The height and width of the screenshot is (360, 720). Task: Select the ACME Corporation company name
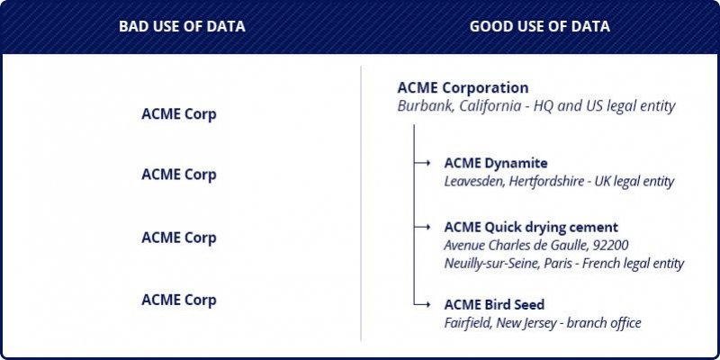(x=463, y=87)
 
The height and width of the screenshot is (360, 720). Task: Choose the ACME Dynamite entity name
(x=496, y=163)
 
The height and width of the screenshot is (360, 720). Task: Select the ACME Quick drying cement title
(x=531, y=228)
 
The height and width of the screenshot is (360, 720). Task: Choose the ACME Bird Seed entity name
(x=494, y=304)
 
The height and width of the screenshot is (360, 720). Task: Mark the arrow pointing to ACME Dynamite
(x=422, y=163)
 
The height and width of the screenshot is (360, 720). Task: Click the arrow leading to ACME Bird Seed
(x=422, y=304)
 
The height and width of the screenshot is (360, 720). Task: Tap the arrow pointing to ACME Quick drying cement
(x=422, y=227)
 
